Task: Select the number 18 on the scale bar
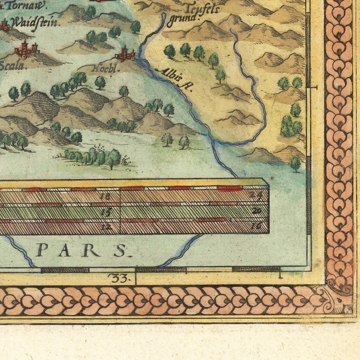coord(106,196)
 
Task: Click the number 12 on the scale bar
coord(106,226)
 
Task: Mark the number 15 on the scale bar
coord(106,211)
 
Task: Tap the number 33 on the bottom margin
coord(120,278)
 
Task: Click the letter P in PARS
coord(42,250)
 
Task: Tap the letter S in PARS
coord(119,250)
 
